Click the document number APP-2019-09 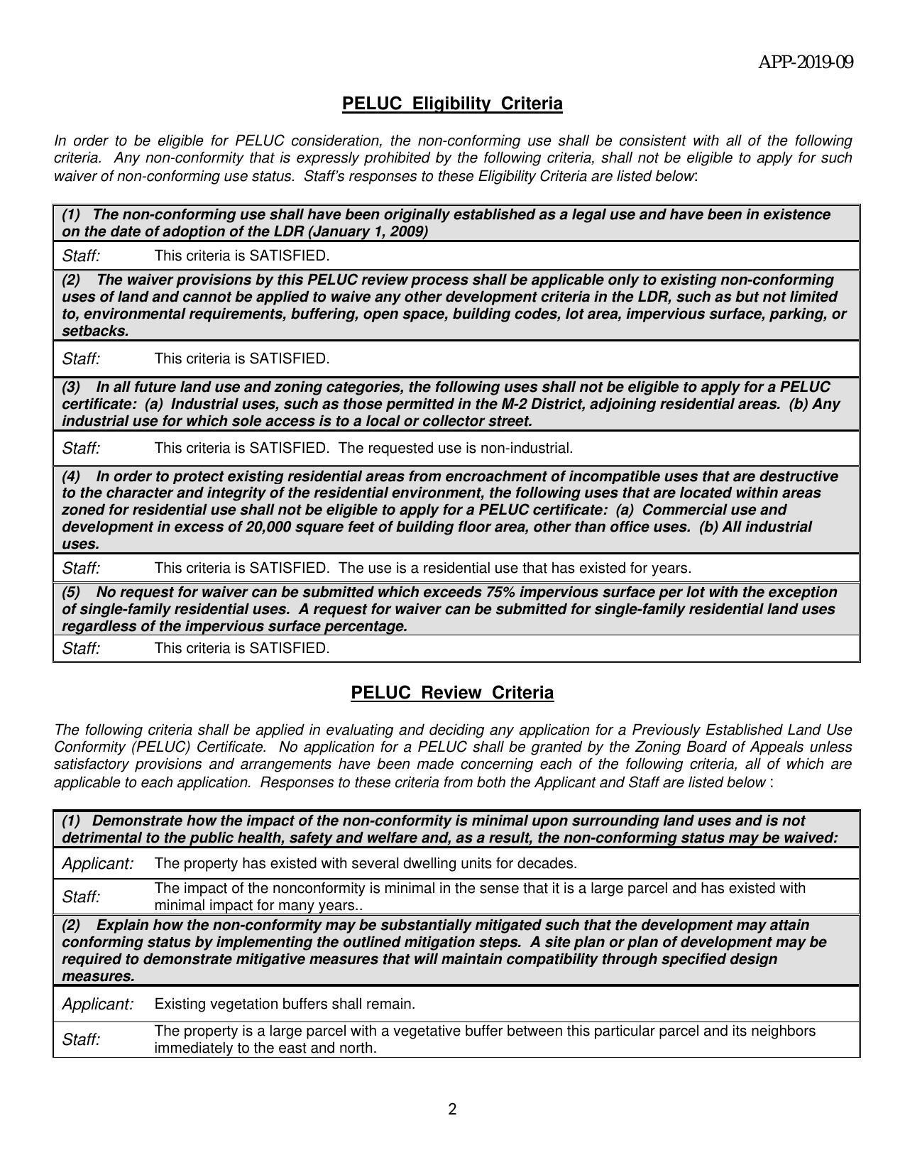tap(806, 62)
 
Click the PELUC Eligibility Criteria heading tap(452, 104)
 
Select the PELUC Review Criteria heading tap(452, 693)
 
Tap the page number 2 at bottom tap(452, 1110)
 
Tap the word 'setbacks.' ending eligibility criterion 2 tap(95, 331)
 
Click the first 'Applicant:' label tap(98, 863)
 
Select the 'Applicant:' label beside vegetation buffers tap(98, 1004)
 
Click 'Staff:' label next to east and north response tap(81, 1039)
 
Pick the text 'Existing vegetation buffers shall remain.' tap(284, 1004)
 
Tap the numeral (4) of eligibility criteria tap(70, 476)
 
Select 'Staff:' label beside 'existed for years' tap(81, 568)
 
